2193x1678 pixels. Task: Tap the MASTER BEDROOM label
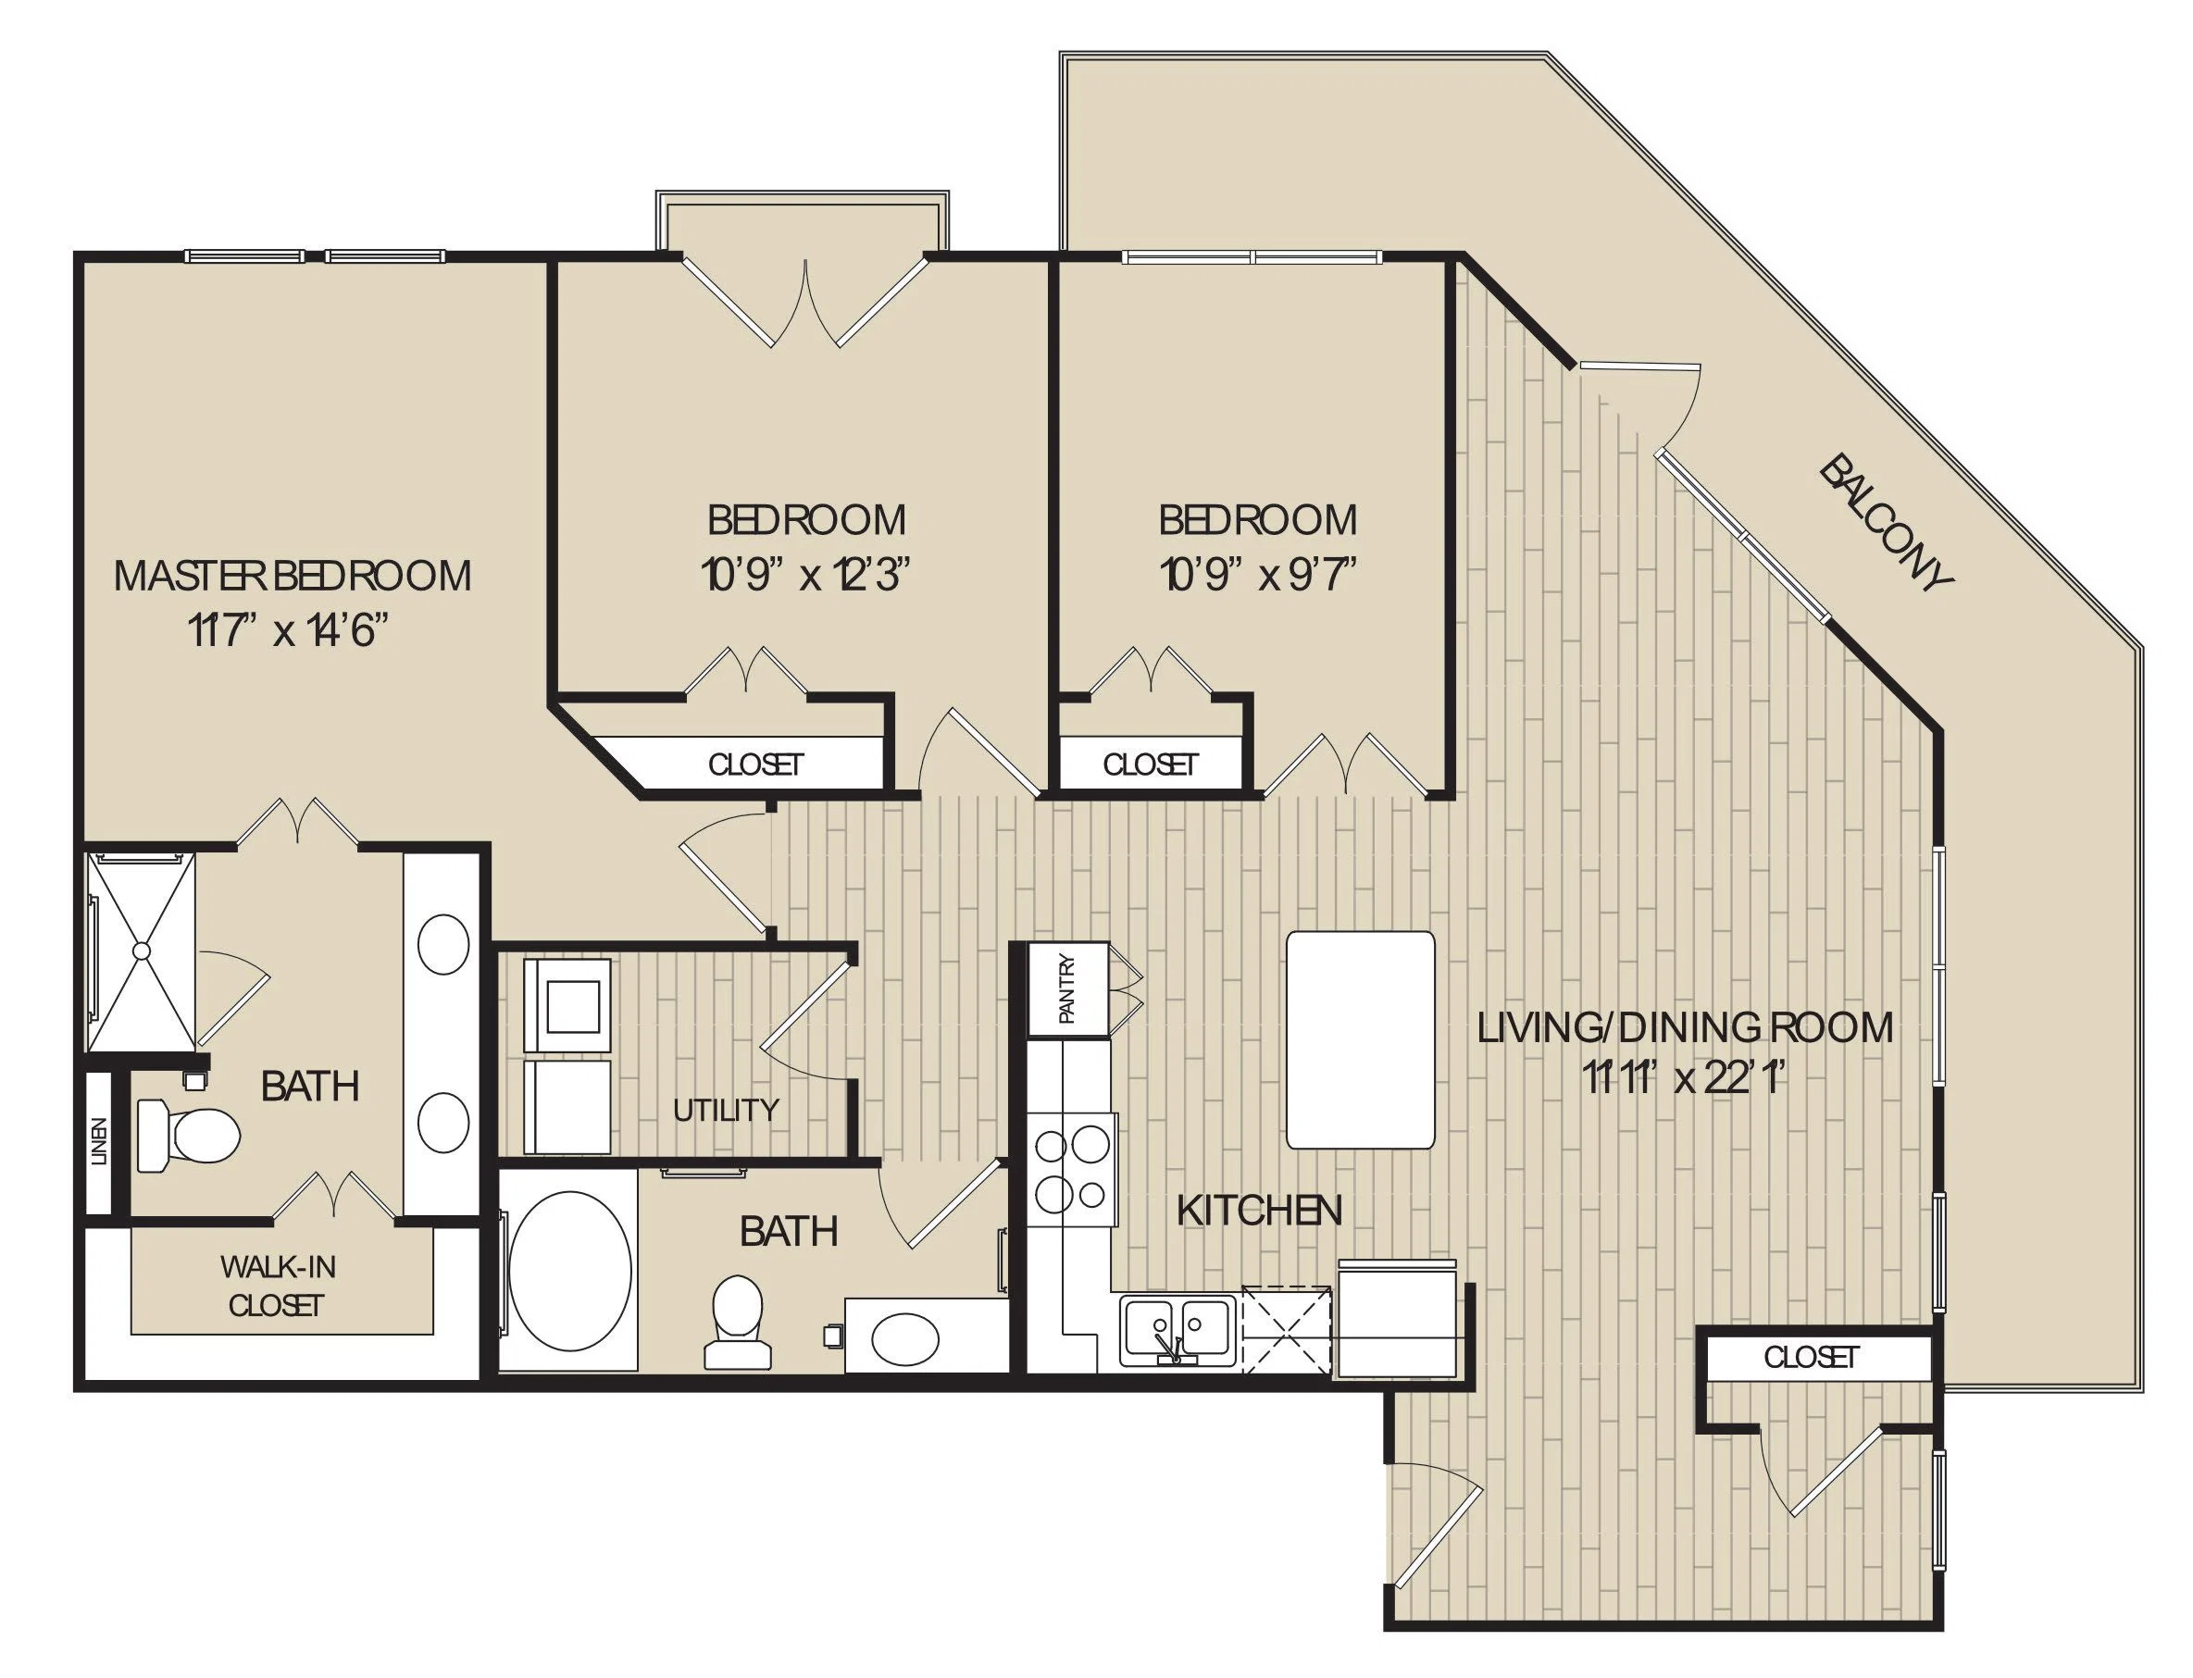292,577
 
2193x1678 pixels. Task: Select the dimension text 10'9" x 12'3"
805,577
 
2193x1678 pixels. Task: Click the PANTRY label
1066,988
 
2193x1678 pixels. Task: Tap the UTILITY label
726,1110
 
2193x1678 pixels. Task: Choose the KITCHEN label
1259,1211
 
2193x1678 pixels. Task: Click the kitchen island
1360,1039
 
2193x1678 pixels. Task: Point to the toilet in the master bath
187,1135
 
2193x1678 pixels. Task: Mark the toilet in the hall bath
738,1321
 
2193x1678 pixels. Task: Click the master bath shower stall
141,951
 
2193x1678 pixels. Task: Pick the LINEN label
99,1141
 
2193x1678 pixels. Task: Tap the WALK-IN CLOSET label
277,1286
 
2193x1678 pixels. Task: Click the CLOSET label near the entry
1811,1357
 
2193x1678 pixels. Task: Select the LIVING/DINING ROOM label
1685,1026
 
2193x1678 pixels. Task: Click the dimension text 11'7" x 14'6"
287,631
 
